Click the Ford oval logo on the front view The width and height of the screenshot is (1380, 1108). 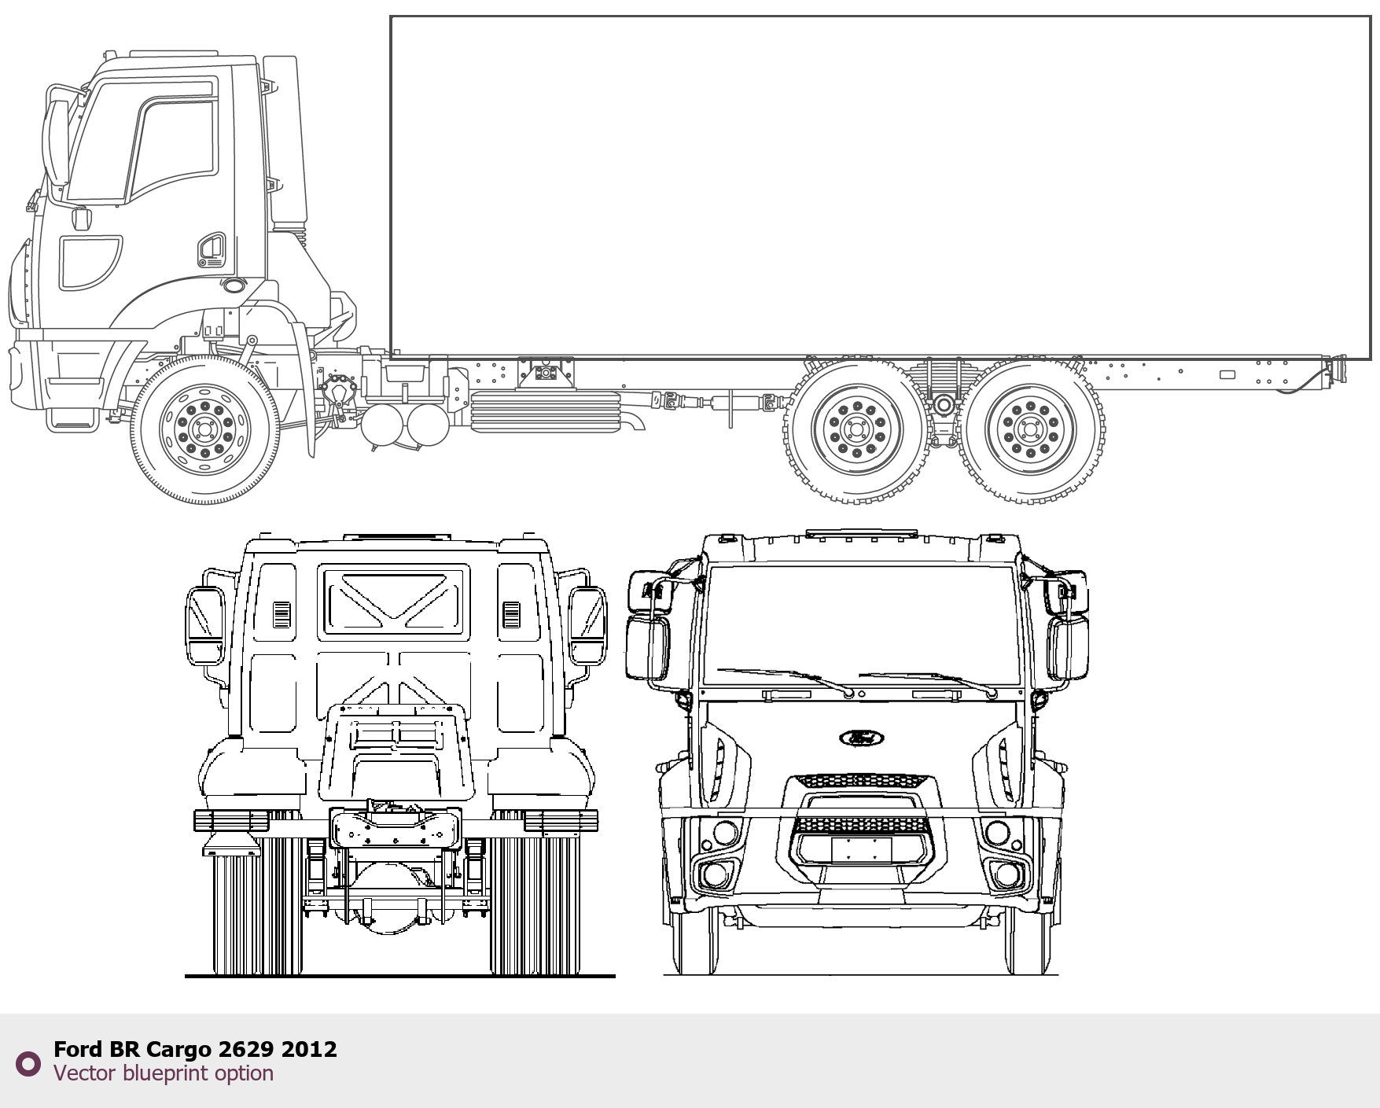coord(862,738)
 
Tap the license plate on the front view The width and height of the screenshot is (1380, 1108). coord(862,849)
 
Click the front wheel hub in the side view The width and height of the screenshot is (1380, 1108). coord(205,429)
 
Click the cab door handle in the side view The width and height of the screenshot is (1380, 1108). coord(211,249)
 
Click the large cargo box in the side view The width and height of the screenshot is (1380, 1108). coord(881,187)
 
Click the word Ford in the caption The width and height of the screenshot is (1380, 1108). coord(79,1049)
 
